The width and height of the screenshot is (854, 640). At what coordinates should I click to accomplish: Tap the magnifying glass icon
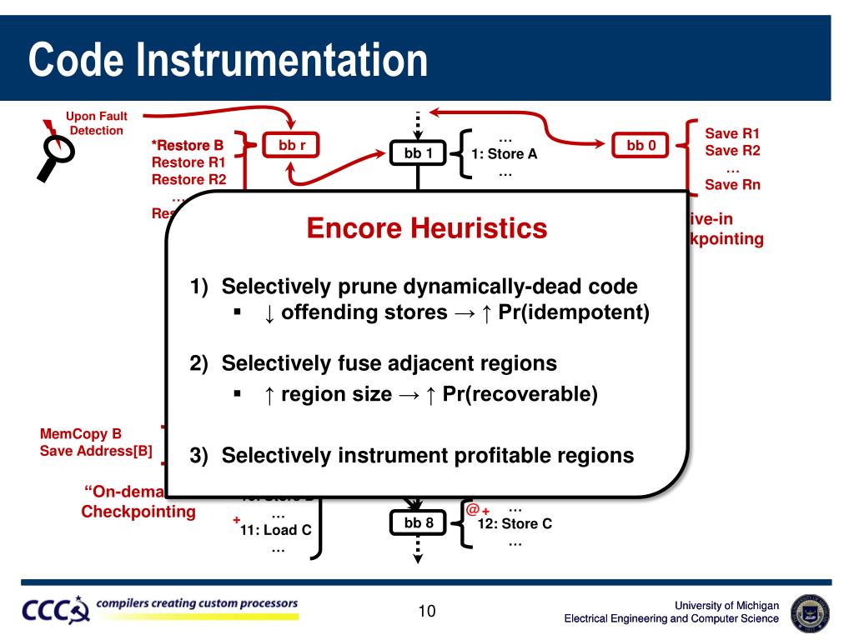pos(53,154)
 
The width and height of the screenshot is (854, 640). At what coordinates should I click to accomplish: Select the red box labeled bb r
pos(292,146)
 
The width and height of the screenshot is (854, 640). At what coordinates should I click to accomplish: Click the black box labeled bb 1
pos(418,153)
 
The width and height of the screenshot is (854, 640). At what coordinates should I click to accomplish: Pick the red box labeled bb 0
pos(640,146)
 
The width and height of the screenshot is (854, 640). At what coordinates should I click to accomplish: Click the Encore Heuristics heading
pos(426,227)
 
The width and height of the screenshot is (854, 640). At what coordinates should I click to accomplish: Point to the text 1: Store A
pos(504,154)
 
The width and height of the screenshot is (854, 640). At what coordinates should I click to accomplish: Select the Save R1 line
pos(732,133)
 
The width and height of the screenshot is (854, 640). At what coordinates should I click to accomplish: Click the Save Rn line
pos(732,185)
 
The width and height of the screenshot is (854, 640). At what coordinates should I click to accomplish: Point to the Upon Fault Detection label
pos(97,123)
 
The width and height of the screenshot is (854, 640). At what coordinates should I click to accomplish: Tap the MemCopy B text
pos(81,434)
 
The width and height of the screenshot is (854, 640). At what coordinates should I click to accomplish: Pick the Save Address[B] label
pos(96,451)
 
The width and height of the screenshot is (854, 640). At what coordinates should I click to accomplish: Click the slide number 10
pos(427,612)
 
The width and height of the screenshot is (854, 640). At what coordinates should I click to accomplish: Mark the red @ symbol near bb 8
pos(472,509)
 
